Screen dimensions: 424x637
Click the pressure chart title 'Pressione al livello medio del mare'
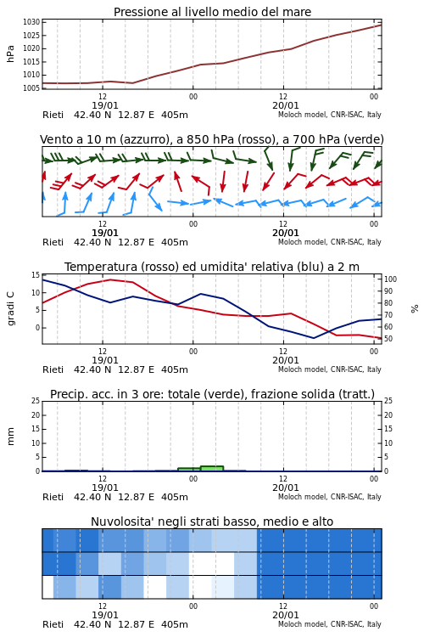[212, 12]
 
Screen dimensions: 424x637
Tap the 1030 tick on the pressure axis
[31, 22]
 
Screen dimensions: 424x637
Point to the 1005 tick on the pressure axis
[31, 88]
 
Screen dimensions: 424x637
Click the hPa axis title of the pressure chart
[10, 54]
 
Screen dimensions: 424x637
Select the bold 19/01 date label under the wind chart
[104, 234]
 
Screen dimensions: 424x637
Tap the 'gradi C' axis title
[10, 308]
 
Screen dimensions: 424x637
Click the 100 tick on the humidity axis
[390, 279]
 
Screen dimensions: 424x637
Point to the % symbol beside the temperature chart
[415, 309]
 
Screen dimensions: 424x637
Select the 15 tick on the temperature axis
[36, 275]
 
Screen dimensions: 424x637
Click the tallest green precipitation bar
[212, 468]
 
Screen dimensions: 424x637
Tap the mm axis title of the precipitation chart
[10, 437]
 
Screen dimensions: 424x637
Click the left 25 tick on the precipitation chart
[36, 401]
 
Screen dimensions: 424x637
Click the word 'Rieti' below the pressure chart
[53, 115]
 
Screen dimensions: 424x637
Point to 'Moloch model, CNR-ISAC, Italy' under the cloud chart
[330, 624]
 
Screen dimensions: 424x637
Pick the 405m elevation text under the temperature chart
[175, 369]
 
